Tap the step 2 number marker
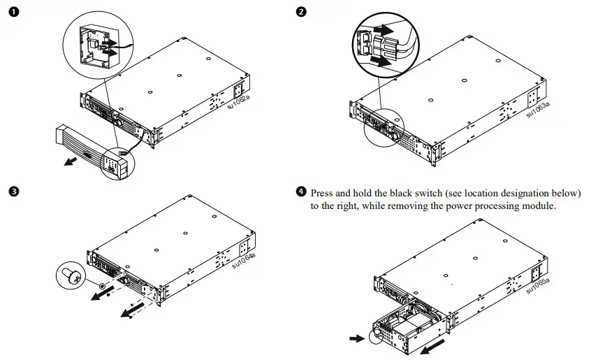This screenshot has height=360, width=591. tap(300, 13)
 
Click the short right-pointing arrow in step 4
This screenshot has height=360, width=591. tap(356, 339)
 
